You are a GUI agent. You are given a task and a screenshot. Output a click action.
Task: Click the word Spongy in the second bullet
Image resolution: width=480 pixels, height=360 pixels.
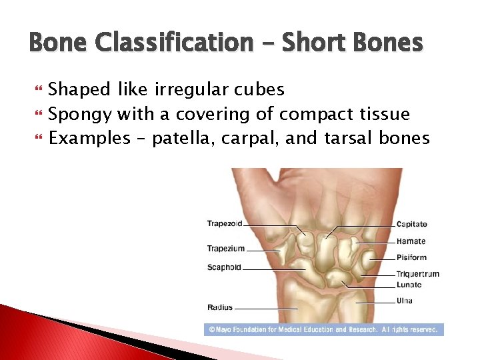[80, 114]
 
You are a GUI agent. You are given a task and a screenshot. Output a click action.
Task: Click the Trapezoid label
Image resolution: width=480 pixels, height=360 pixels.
[224, 224]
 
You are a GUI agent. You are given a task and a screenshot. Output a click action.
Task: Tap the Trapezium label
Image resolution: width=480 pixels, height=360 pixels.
[225, 249]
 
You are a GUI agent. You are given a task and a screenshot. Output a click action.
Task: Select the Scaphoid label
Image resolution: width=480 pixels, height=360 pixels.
[224, 268]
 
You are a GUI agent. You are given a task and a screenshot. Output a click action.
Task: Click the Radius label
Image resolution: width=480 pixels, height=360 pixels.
[220, 307]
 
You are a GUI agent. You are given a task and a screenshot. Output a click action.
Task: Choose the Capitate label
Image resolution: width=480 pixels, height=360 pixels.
[411, 225]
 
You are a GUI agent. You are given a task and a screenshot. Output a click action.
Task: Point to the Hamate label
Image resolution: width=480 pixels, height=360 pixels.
[411, 241]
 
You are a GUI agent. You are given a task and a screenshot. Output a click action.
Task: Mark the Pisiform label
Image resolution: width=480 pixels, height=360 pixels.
[411, 257]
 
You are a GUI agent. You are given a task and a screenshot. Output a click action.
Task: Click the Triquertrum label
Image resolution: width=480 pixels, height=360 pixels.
[417, 274]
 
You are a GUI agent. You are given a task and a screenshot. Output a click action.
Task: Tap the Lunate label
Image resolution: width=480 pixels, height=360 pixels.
[409, 285]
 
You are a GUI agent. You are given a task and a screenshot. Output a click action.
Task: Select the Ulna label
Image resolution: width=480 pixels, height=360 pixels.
[404, 301]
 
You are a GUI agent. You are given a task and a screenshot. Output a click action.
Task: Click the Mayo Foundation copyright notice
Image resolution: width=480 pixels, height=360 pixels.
[323, 329]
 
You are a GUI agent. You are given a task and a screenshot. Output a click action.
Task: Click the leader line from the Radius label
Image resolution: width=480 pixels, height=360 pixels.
[265, 309]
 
